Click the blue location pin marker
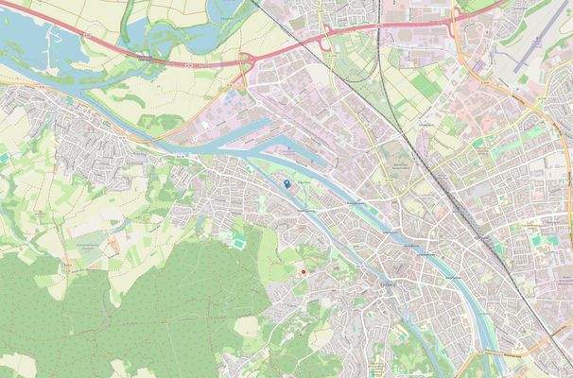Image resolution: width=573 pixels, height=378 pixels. point(287,183)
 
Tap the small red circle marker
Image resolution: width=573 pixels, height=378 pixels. point(304,272)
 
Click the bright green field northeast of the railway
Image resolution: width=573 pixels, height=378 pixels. point(416,71)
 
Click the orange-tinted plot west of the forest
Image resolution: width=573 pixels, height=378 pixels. point(114,248)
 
